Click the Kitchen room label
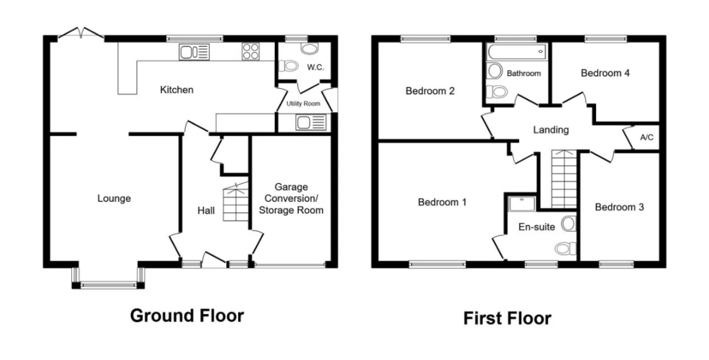[177, 90]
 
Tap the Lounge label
[114, 199]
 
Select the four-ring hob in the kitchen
[251, 51]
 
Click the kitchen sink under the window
[194, 52]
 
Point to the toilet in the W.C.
[289, 66]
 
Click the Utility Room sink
[311, 122]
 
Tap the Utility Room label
[303, 103]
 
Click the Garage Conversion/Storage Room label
[291, 199]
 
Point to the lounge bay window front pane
[108, 286]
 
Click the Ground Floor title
[187, 316]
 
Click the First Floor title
[508, 318]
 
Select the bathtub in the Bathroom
[517, 51]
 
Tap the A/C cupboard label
[646, 137]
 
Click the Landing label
[551, 130]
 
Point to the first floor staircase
[564, 179]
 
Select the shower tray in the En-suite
[522, 203]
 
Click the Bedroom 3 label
[619, 207]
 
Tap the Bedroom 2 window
[425, 39]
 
